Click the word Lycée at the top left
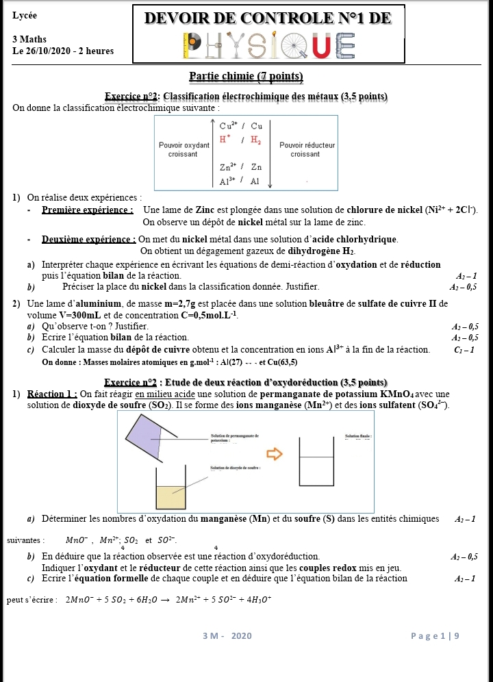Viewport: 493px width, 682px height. tap(25, 15)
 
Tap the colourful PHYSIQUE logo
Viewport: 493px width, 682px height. tap(269, 45)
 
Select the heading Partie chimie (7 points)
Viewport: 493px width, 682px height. tap(246, 76)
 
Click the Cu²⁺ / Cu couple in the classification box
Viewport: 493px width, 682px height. tap(241, 126)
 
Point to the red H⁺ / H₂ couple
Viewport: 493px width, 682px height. tap(240, 140)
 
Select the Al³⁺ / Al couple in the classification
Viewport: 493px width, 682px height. tap(240, 181)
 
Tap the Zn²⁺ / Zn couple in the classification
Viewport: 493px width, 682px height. tap(241, 167)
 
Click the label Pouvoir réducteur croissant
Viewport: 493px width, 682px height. tap(307, 149)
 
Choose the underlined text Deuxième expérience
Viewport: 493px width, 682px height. tap(89, 239)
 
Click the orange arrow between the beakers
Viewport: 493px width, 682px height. tap(274, 453)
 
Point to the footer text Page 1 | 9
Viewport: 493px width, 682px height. tap(435, 636)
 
